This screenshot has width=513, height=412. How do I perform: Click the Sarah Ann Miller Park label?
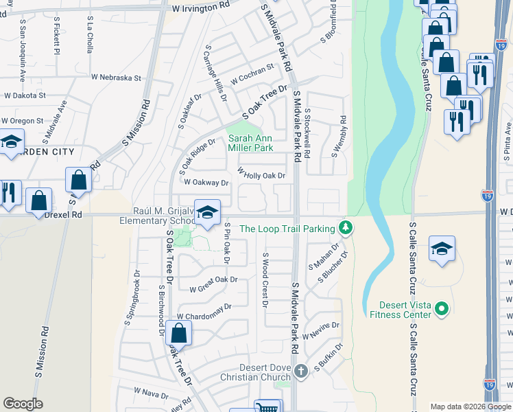click(250, 143)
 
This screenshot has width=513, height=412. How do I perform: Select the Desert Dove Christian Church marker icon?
click(301, 372)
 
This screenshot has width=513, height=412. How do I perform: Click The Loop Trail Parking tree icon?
click(346, 227)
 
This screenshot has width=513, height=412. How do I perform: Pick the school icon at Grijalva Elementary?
click(206, 212)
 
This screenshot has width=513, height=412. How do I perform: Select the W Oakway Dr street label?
click(206, 183)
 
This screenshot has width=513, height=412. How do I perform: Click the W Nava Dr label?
click(151, 391)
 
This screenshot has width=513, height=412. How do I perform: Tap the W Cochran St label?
click(252, 73)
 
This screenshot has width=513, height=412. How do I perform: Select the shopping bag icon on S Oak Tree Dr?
click(178, 334)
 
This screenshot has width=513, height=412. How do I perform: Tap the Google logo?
click(23, 404)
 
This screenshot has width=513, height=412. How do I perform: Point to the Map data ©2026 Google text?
click(470, 407)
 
